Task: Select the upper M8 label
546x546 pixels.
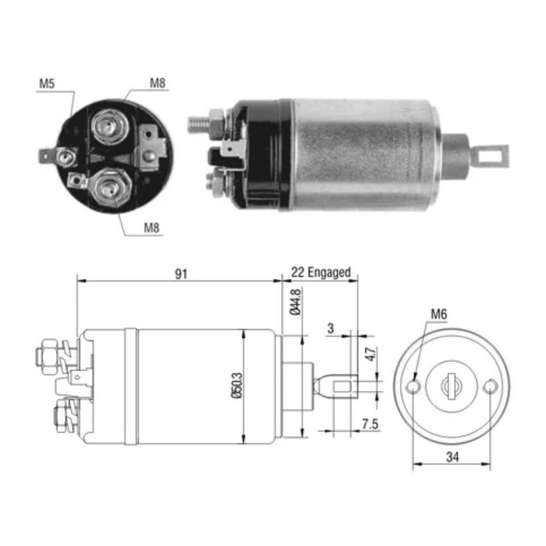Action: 158,83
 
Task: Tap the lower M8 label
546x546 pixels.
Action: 151,228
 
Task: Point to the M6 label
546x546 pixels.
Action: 438,313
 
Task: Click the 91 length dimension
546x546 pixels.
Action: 180,274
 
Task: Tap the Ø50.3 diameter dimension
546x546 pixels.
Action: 237,386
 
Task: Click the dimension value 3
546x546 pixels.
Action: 330,329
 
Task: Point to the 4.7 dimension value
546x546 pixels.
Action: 370,355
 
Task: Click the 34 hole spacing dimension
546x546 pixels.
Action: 452,456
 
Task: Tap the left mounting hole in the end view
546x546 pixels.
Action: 414,387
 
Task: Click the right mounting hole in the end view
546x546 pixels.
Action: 489,387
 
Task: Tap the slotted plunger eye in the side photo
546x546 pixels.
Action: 493,155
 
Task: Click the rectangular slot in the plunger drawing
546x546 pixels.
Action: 344,387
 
